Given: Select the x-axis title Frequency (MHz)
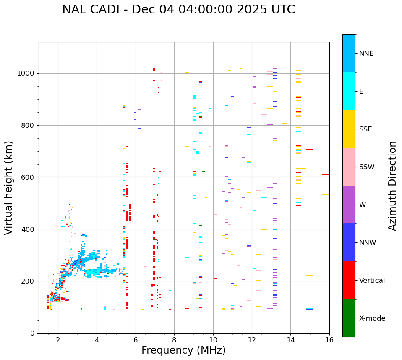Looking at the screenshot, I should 183,350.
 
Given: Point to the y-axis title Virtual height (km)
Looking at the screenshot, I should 9,187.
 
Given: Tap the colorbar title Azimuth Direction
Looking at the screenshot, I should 392,186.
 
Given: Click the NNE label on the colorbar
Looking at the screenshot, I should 366,54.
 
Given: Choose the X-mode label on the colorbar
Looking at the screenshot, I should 372,318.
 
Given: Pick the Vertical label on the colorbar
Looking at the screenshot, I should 372,281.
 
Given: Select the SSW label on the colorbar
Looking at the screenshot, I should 367,167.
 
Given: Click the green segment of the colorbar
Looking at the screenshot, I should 349,318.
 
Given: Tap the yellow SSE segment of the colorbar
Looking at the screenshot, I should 349,129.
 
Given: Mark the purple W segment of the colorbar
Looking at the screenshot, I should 349,205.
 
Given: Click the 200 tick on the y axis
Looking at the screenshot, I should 29,281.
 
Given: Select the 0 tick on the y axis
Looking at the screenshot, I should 32,333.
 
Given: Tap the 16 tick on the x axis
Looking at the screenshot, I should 329,340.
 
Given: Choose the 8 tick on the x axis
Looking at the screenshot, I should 174,340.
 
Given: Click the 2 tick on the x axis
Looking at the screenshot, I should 58,340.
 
